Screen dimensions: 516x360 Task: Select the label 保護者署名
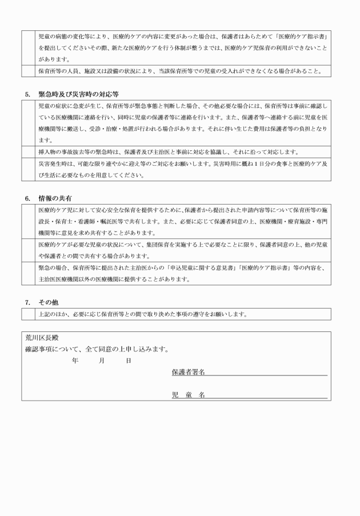189,372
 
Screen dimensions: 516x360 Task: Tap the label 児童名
189,395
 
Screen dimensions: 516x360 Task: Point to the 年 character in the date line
75,361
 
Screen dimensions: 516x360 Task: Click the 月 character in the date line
102,361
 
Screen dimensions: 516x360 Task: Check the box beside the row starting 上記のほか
29,314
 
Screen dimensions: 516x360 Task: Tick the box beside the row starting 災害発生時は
29,170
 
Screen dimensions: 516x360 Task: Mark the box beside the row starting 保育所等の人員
29,71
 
